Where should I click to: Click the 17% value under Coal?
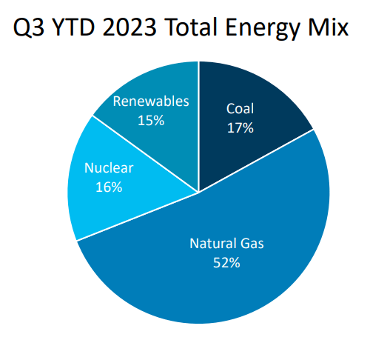tap(240, 128)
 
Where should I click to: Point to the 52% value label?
tap(226, 262)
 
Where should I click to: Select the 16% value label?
tap(109, 187)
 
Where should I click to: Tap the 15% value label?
tap(151, 121)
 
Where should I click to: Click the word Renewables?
tap(151, 101)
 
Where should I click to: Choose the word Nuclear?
tap(109, 168)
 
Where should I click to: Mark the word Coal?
tap(240, 109)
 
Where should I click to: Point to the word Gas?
tap(252, 243)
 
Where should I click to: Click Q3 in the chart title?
tap(29, 27)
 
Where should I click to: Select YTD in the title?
tap(74, 27)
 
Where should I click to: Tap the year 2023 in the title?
tap(129, 27)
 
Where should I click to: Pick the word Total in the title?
tap(191, 27)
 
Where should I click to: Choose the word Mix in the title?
tap(328, 27)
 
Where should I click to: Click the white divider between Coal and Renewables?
tap(199, 127)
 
